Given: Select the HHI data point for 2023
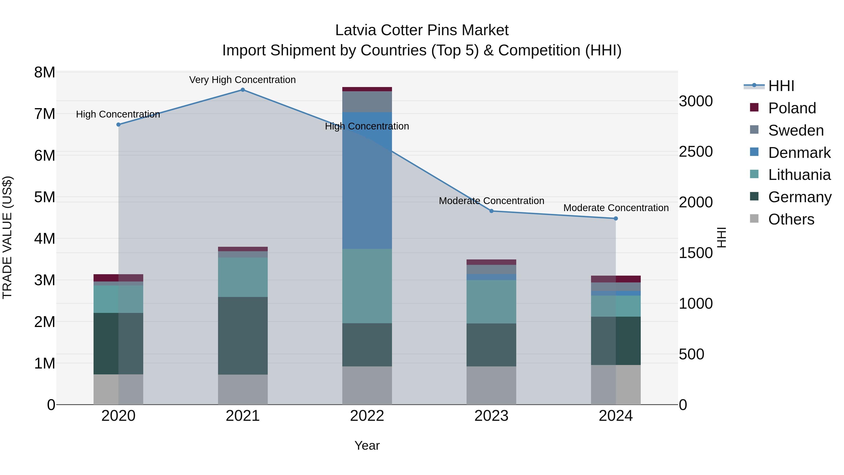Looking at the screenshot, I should pyautogui.click(x=491, y=211).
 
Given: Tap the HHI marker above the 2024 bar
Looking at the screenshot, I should pyautogui.click(x=616, y=218).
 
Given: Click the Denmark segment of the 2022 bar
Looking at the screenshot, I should pyautogui.click(x=367, y=180).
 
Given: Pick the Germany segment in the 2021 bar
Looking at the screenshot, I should pyautogui.click(x=243, y=336).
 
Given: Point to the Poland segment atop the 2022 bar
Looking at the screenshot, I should pyautogui.click(x=367, y=89).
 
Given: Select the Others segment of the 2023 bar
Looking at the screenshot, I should pyautogui.click(x=491, y=385).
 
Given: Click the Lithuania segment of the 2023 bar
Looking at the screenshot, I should pyautogui.click(x=491, y=302).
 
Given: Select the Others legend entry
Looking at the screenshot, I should pyautogui.click(x=791, y=219).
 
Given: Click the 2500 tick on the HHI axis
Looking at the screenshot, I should pyautogui.click(x=696, y=152).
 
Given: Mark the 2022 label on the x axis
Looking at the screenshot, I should pyautogui.click(x=367, y=416).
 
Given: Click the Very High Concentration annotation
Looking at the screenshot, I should pyautogui.click(x=242, y=80).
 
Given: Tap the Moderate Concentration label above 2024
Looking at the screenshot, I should pyautogui.click(x=616, y=208).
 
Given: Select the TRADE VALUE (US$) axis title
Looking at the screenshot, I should pyautogui.click(x=7, y=237).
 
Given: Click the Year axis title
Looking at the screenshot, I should pyautogui.click(x=367, y=445).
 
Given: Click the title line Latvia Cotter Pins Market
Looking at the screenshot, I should pyautogui.click(x=422, y=30).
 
